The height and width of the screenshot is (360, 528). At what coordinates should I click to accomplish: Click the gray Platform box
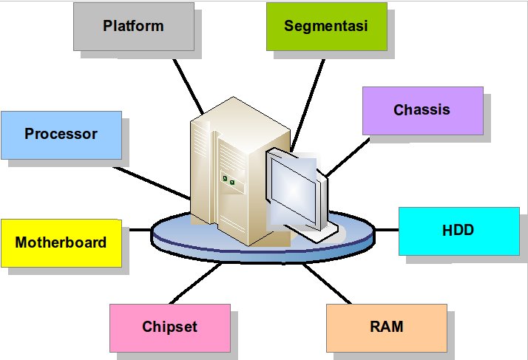133,26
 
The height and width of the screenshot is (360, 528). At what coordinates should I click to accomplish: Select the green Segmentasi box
326,26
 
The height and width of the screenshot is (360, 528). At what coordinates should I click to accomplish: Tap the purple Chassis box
422,110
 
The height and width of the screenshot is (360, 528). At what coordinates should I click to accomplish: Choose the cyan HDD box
458,231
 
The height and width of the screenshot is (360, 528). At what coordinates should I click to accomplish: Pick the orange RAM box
385,326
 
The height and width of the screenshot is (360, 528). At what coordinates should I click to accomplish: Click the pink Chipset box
169,327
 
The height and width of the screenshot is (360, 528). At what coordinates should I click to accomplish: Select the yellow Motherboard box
61,242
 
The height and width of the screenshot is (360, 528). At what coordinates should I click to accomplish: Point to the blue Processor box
61,135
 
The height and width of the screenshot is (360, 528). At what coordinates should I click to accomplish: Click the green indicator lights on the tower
228,180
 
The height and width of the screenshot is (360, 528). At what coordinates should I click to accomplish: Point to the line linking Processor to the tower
154,182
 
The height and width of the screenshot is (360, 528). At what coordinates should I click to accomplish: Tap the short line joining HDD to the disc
386,230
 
